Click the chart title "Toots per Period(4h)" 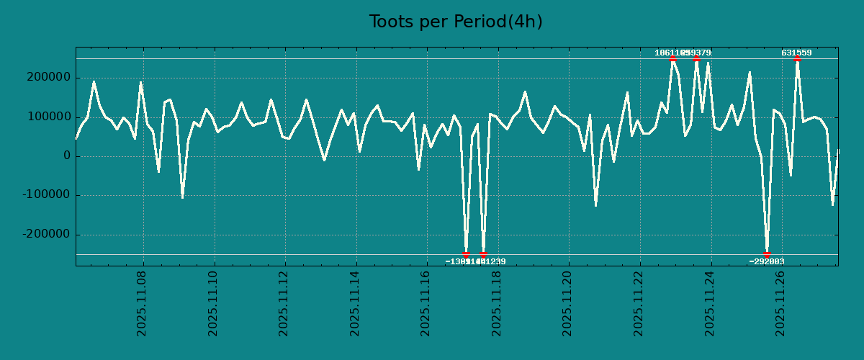[x=456, y=22]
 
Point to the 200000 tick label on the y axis [x=48, y=78]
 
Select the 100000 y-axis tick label [x=48, y=117]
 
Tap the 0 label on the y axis [x=67, y=156]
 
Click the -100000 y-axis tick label [x=46, y=195]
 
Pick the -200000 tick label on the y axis [x=46, y=235]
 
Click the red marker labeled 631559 [x=797, y=59]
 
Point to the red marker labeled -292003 [x=768, y=254]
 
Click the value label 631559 [x=796, y=53]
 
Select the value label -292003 [x=767, y=262]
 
